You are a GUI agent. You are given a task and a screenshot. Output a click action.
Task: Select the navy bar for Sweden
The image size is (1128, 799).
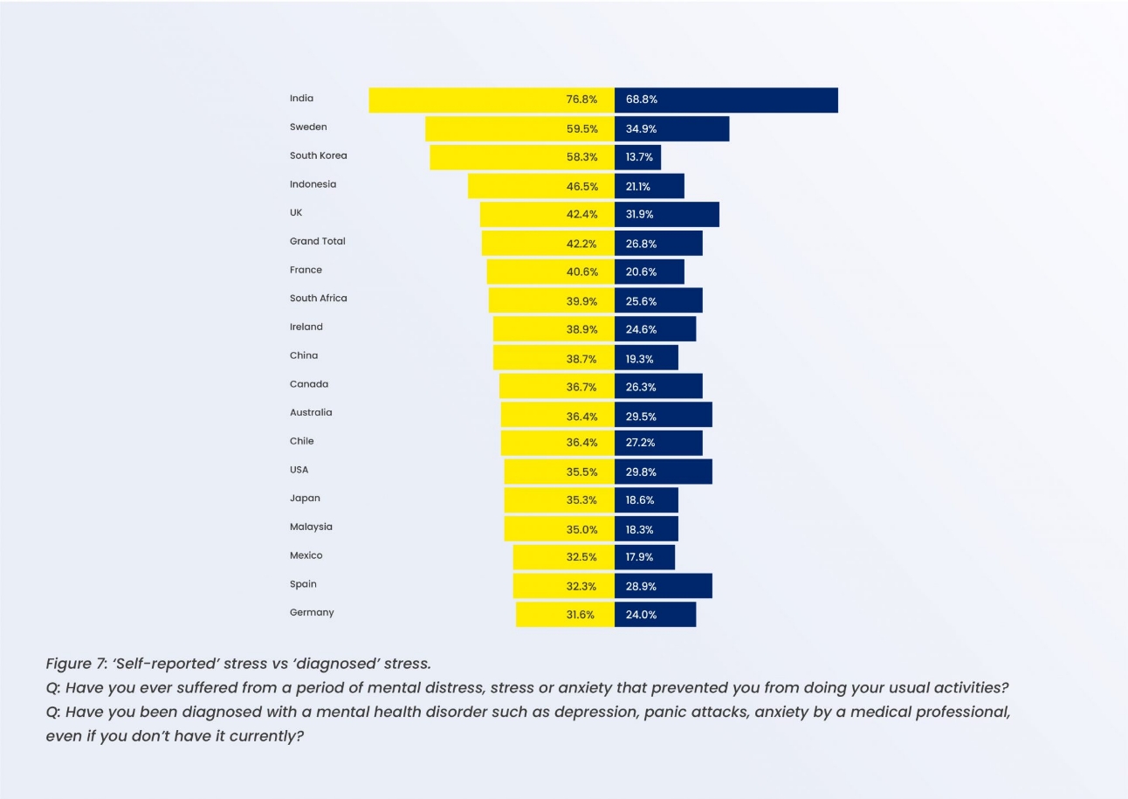point(672,128)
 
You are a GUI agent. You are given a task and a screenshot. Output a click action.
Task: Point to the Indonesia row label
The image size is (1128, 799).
point(313,184)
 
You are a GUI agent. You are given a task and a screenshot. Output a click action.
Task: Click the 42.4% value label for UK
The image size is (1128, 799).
point(581,214)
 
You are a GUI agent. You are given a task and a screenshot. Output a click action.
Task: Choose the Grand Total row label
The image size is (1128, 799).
point(317,241)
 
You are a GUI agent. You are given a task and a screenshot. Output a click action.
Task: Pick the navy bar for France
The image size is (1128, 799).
point(650,272)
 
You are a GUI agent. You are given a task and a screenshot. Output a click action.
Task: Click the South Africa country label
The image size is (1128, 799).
point(318,298)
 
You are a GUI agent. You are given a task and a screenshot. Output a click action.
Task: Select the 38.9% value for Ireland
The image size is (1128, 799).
point(581,329)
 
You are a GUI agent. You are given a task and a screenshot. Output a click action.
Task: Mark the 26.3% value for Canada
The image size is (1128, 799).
point(641,387)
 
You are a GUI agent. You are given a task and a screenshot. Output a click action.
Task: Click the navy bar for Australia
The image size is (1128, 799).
point(664,415)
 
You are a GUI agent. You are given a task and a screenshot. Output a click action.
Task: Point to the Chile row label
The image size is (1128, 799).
point(301,441)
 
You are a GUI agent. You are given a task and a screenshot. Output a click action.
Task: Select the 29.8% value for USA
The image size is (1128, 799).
point(641,472)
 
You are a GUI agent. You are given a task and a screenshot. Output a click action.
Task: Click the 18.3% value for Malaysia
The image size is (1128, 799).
point(641,529)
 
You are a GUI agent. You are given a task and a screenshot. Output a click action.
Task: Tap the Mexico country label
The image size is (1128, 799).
point(306,555)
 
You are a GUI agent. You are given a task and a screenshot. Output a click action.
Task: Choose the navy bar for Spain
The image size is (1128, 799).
point(664,586)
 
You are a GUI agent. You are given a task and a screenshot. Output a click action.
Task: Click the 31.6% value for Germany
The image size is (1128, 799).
point(580,615)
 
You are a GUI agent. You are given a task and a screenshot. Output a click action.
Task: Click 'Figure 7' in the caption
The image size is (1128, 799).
point(73,664)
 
